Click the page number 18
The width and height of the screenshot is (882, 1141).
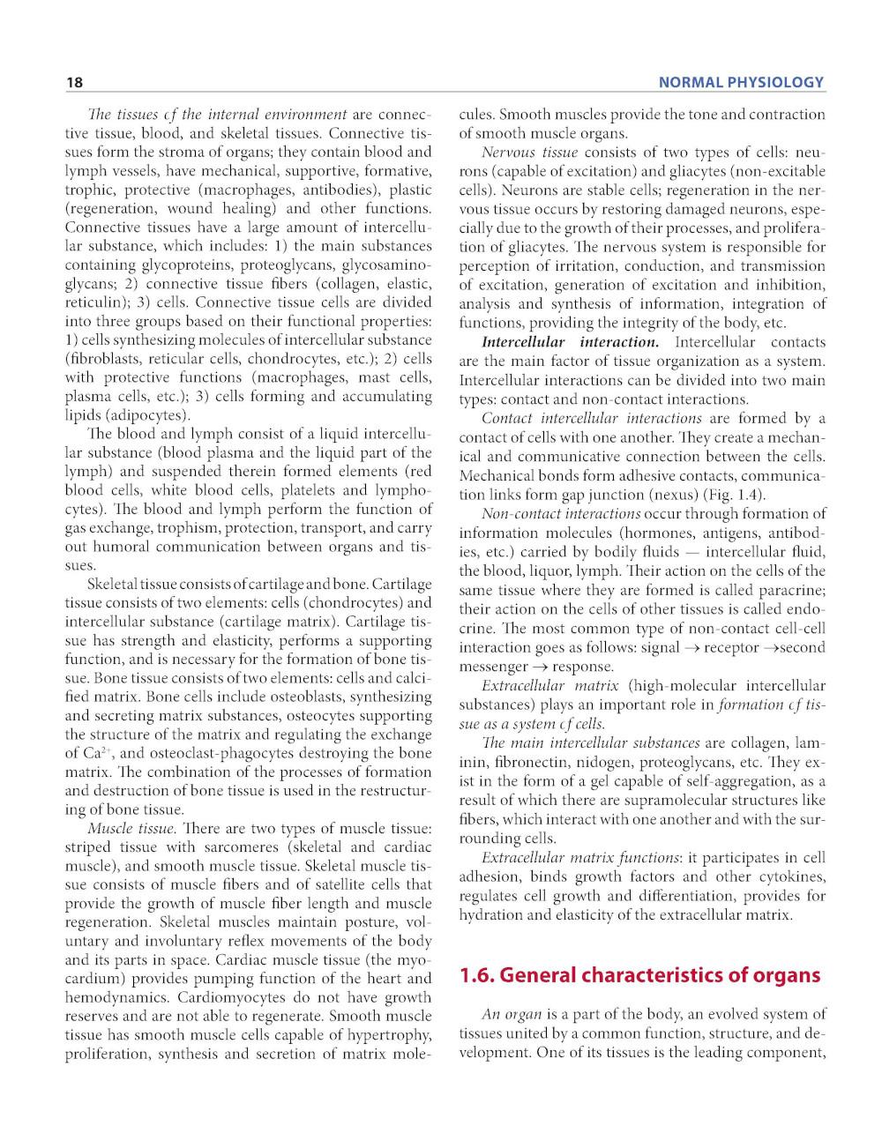pyautogui.click(x=74, y=83)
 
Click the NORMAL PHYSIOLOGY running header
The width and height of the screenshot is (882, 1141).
pyautogui.click(x=741, y=83)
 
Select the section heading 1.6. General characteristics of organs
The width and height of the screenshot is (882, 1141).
pyautogui.click(x=640, y=975)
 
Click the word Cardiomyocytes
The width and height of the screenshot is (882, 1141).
pyautogui.click(x=228, y=997)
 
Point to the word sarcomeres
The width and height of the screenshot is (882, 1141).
pyautogui.click(x=243, y=847)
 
